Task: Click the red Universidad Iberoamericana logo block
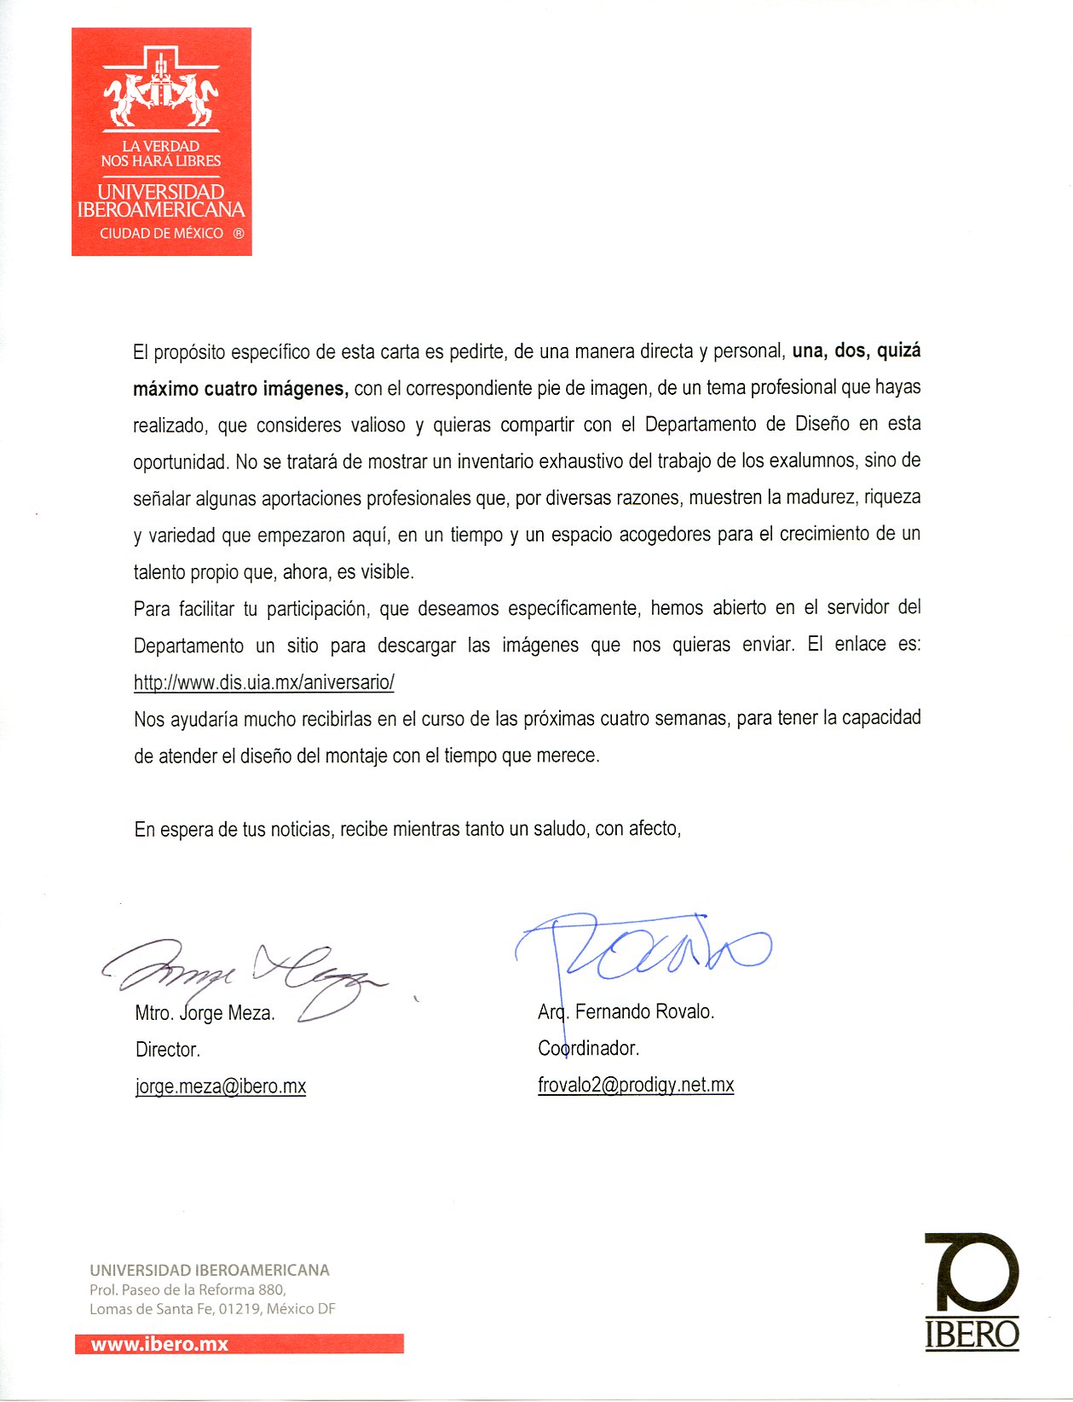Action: [x=161, y=142]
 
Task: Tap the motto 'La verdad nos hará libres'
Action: [x=161, y=154]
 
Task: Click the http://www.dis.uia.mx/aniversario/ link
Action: [x=263, y=682]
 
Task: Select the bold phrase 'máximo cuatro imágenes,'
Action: [x=240, y=389]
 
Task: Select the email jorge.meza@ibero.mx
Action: [x=220, y=1086]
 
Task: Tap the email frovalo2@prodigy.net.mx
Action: [x=635, y=1085]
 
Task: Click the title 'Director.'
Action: [x=168, y=1050]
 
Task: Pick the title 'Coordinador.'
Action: [x=588, y=1048]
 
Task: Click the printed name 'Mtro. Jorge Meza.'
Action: [x=205, y=1013]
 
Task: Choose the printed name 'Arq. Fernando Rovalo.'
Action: [x=626, y=1011]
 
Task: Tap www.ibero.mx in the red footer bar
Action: [x=159, y=1344]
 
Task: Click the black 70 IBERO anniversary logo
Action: [x=972, y=1290]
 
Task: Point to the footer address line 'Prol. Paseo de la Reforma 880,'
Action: [x=187, y=1289]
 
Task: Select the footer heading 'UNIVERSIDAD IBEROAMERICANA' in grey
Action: [x=210, y=1270]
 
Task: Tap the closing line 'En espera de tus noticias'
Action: [x=233, y=829]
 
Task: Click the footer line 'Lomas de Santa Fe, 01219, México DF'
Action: [x=212, y=1309]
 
